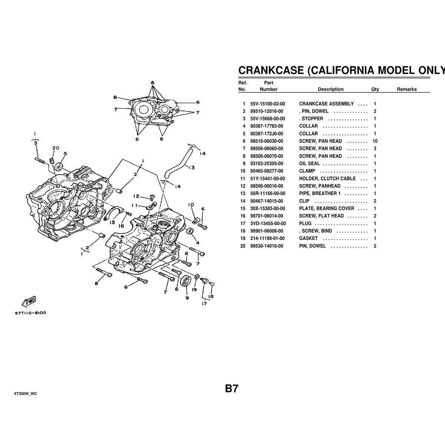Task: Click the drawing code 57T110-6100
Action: (30, 313)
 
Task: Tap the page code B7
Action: (231, 389)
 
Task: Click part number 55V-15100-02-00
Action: (268, 104)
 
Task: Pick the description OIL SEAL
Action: (309, 164)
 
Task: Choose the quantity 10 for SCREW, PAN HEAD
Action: (375, 141)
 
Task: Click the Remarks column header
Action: (406, 89)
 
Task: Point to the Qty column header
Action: (375, 89)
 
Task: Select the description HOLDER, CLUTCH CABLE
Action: (327, 179)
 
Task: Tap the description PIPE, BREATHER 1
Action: (320, 194)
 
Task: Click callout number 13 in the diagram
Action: (191, 167)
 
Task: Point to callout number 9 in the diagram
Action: (187, 297)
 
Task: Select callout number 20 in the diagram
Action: (56, 148)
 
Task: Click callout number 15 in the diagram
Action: (112, 222)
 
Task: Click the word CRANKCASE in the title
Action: (270, 70)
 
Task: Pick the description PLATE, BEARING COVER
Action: (326, 208)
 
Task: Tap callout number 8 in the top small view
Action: (115, 98)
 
